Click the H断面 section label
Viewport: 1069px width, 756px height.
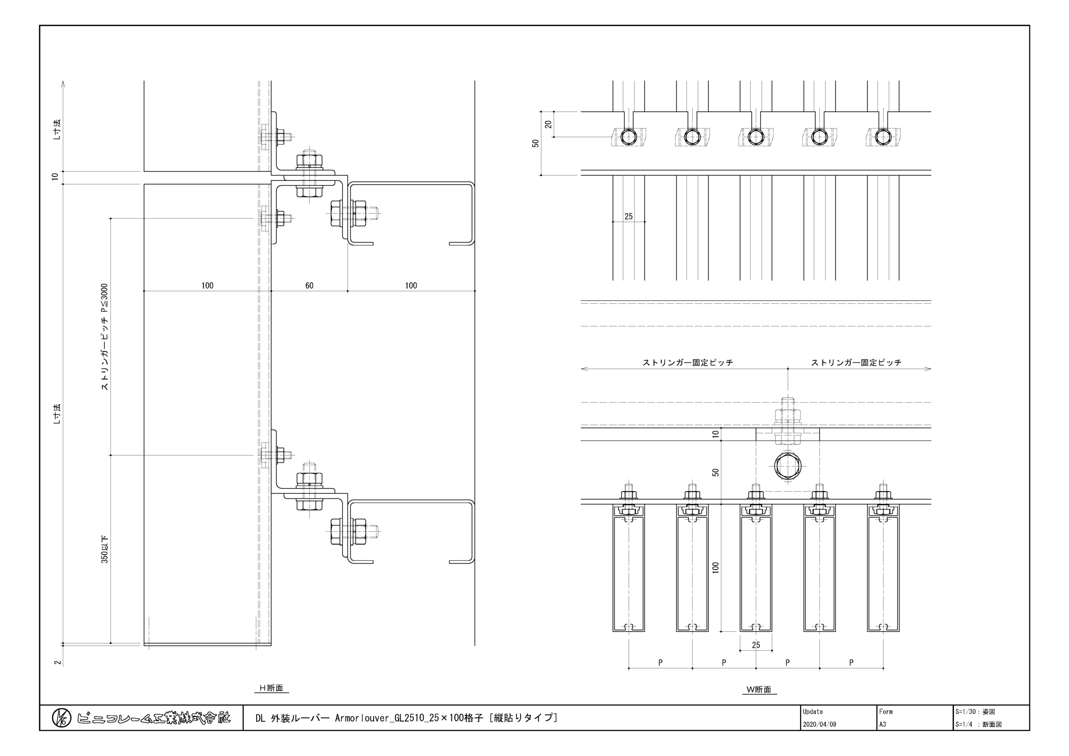tap(272, 688)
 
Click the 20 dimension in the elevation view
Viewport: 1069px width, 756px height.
tap(548, 124)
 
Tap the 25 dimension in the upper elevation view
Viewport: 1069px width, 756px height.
tap(629, 216)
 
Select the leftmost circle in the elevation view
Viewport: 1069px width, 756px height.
tap(629, 137)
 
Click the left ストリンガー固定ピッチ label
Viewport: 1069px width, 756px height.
tap(688, 362)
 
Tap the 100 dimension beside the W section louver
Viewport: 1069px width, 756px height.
tap(716, 567)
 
